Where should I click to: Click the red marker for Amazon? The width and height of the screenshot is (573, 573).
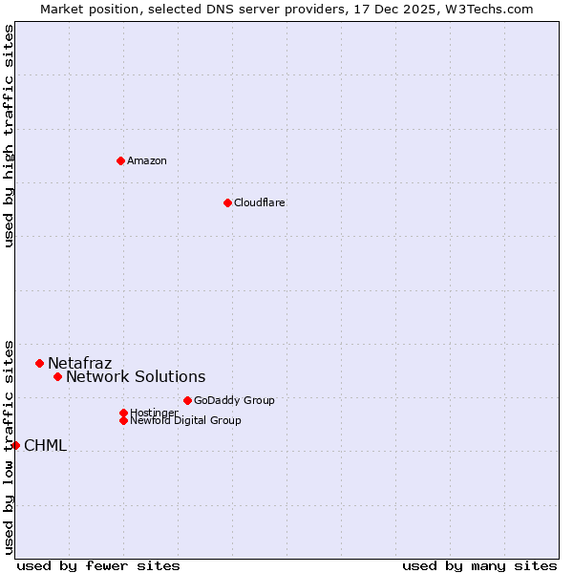click(120, 160)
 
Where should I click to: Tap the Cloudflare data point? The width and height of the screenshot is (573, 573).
click(227, 202)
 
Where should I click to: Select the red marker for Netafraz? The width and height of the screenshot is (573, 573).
click(40, 363)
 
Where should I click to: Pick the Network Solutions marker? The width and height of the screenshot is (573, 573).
click(57, 376)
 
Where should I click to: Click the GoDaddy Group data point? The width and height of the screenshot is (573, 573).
click(187, 400)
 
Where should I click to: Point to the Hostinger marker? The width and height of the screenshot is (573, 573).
click(123, 413)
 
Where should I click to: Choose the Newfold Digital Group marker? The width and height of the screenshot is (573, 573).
click(123, 420)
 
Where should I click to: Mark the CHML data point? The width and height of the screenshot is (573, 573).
click(15, 445)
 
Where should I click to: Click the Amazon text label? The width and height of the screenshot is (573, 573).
click(147, 160)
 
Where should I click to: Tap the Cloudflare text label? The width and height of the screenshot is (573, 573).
click(260, 202)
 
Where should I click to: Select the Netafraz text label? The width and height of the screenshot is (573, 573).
click(80, 363)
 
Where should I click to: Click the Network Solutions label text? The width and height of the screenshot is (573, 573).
click(136, 376)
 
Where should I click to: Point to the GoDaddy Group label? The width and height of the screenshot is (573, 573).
click(234, 400)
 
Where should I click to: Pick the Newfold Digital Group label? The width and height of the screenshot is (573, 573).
click(186, 420)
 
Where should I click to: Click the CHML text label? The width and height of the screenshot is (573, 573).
click(46, 445)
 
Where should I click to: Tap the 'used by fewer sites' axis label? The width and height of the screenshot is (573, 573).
click(98, 565)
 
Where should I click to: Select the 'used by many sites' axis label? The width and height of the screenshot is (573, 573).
click(479, 565)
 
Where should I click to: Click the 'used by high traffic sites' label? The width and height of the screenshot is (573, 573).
click(9, 136)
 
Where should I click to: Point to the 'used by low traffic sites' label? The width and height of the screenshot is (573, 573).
click(9, 446)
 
